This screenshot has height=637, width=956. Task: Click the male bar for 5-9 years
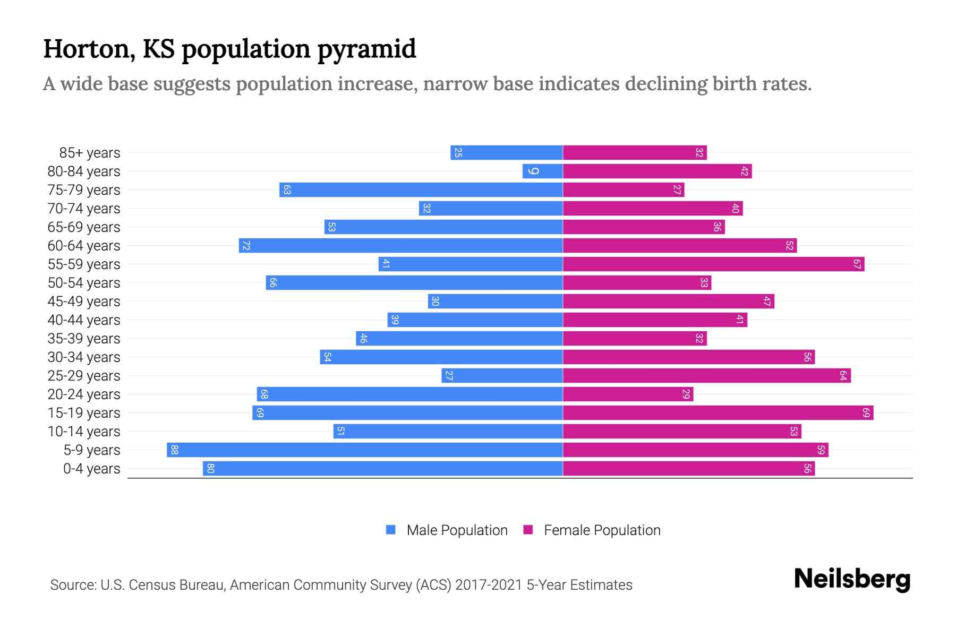365,450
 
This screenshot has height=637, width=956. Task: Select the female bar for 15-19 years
718,413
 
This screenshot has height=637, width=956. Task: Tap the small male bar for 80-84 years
543,171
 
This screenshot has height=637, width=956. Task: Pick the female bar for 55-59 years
713,264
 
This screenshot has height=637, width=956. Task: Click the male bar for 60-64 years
401,246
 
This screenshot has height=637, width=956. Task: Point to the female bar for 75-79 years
624,190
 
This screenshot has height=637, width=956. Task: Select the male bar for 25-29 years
502,376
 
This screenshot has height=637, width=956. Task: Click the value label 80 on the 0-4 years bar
210,469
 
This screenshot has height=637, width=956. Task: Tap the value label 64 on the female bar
843,376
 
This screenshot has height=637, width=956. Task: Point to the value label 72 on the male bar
246,246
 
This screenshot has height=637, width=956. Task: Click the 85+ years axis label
90,153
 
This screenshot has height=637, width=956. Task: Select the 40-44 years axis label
84,320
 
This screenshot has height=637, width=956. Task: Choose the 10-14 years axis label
84,432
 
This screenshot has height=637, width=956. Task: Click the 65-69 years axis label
84,227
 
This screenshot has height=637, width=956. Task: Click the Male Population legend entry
457,530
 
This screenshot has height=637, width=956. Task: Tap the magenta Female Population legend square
528,530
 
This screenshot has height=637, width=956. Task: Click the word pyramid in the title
366,49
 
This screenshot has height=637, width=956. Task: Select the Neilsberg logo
852,579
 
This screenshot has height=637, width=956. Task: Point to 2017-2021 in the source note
489,585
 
